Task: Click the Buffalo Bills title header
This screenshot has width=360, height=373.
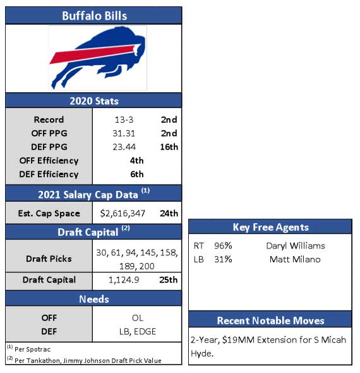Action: click(94, 16)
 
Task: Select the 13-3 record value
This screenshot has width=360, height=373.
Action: click(124, 119)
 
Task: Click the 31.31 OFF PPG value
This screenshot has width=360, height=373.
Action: click(124, 133)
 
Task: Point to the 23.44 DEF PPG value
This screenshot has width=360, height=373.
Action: click(124, 147)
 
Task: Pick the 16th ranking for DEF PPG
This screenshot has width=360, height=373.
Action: click(169, 147)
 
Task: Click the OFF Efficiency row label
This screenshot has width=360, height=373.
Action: click(49, 161)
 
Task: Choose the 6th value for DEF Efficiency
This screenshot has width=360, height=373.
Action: click(137, 174)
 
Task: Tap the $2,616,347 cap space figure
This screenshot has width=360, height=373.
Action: click(123, 214)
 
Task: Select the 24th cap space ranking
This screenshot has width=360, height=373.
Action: click(169, 214)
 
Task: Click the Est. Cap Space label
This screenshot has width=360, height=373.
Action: click(49, 214)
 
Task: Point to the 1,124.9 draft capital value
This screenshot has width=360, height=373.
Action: click(124, 280)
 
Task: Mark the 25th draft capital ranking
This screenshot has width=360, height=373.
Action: click(169, 279)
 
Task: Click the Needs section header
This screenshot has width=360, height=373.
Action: click(94, 299)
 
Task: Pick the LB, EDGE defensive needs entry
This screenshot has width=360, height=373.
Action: click(138, 332)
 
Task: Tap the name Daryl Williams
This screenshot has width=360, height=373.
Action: click(296, 246)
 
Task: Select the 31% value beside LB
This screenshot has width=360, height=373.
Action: click(223, 259)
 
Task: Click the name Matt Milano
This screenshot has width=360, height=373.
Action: click(295, 259)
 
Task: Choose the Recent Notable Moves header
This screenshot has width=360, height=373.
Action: click(270, 321)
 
